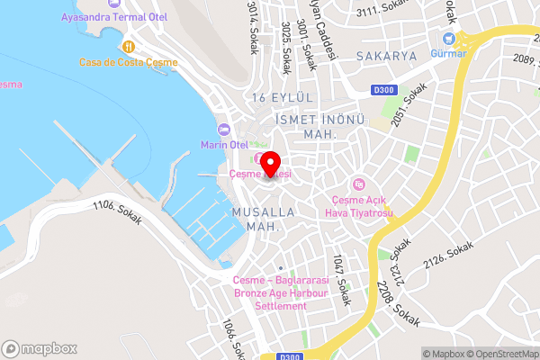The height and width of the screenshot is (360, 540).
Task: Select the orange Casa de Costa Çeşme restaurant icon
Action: pyautogui.click(x=130, y=46)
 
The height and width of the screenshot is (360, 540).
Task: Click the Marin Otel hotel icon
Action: pyautogui.click(x=225, y=129)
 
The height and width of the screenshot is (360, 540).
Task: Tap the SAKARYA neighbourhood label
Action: pyautogui.click(x=387, y=56)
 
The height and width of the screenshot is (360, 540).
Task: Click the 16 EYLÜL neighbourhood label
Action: pyautogui.click(x=282, y=97)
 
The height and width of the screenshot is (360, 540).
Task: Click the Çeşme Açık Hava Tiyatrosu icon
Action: pyautogui.click(x=359, y=184)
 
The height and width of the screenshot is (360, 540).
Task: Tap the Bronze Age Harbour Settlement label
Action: pyautogui.click(x=269, y=293)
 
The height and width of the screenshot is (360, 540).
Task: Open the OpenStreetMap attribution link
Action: pyautogui.click(x=502, y=353)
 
